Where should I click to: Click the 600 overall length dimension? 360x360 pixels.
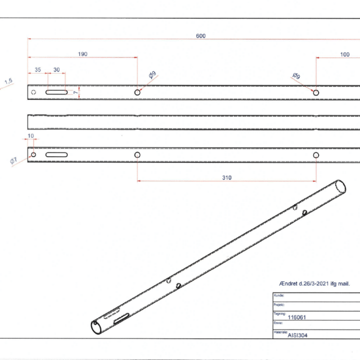[201, 36]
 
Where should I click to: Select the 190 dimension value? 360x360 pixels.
[82, 54]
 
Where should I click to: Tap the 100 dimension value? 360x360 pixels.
[345, 54]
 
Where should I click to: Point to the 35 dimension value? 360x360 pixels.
[38, 70]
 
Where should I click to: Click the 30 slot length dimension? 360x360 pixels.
[56, 70]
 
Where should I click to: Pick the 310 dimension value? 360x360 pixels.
[226, 178]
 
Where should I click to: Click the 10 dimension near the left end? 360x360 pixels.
[30, 136]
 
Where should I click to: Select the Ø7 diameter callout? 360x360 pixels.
[13, 161]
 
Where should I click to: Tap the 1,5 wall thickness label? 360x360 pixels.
[8, 82]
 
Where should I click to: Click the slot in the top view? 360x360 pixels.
[57, 92]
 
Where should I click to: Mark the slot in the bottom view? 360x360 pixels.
[57, 155]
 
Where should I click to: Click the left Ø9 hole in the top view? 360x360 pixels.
[137, 92]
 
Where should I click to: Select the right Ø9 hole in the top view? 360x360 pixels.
[316, 92]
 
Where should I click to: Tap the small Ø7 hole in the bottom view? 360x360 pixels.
[33, 155]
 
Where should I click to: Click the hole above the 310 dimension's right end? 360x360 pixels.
[316, 155]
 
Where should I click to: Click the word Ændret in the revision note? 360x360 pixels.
[290, 283]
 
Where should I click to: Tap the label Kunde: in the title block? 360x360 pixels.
[278, 295]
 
